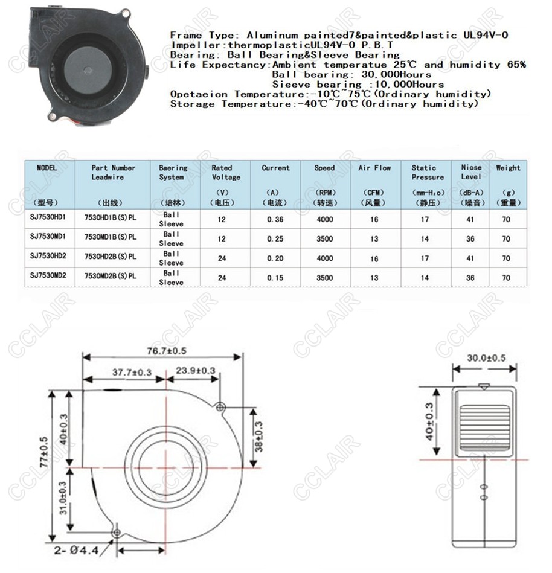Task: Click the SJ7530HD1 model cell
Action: click(x=47, y=219)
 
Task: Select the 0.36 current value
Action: click(x=275, y=219)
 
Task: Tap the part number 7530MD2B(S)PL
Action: click(x=111, y=278)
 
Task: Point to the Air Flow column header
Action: click(x=374, y=168)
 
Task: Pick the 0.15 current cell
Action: click(x=275, y=278)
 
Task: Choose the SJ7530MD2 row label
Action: click(x=47, y=278)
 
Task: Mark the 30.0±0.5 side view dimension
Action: click(x=486, y=358)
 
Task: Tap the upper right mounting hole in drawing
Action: click(x=221, y=405)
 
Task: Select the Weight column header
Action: click(x=508, y=168)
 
